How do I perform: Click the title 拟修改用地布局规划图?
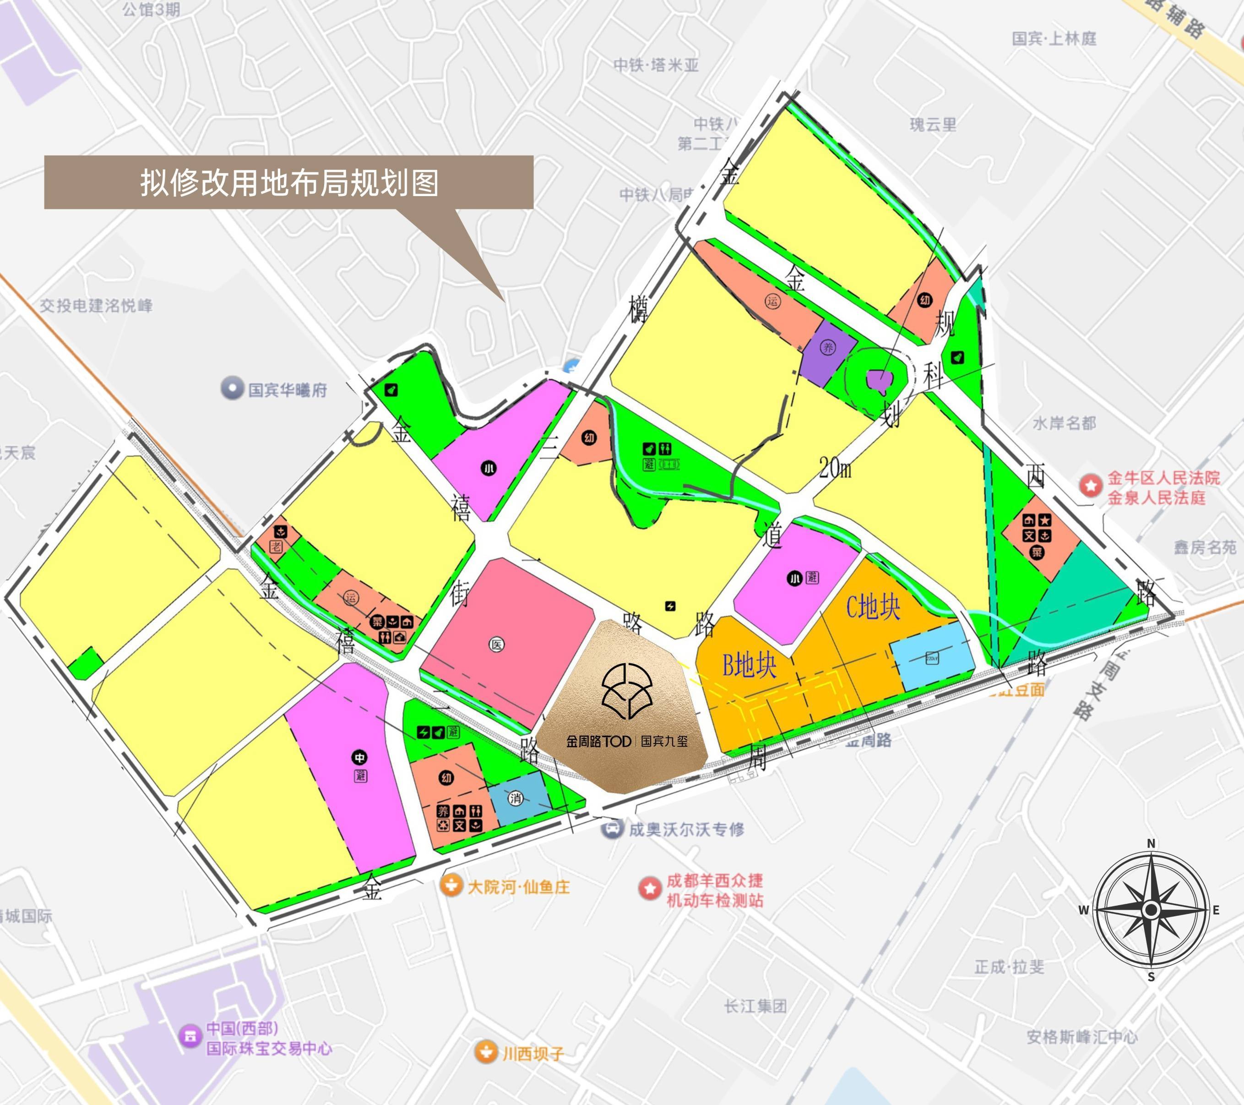[289, 183]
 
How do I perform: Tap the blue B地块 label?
[749, 665]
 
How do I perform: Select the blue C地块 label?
[873, 607]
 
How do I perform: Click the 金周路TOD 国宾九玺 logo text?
[627, 742]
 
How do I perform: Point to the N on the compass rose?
[1151, 844]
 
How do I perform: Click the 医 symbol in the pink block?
[497, 645]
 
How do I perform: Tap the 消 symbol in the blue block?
[516, 798]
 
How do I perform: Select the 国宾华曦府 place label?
[287, 390]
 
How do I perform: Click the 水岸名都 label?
[1064, 423]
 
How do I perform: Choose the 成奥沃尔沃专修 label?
[686, 829]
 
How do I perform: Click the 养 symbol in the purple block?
[828, 348]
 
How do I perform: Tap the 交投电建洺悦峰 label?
[96, 306]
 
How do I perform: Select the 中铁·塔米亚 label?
[656, 65]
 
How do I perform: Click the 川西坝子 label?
[533, 1054]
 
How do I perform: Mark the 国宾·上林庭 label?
[1054, 39]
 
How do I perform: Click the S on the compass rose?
[1151, 977]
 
